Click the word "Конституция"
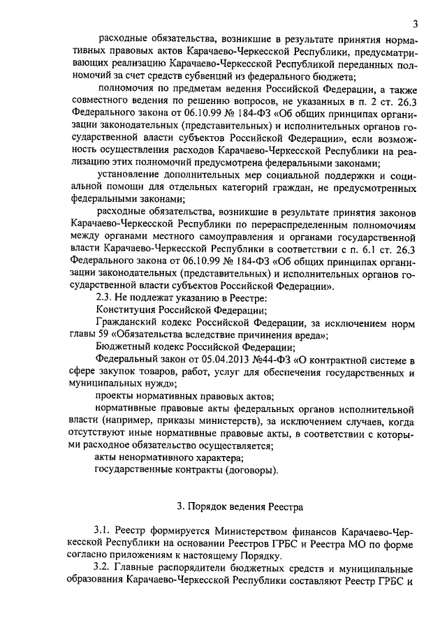point(127,310)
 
